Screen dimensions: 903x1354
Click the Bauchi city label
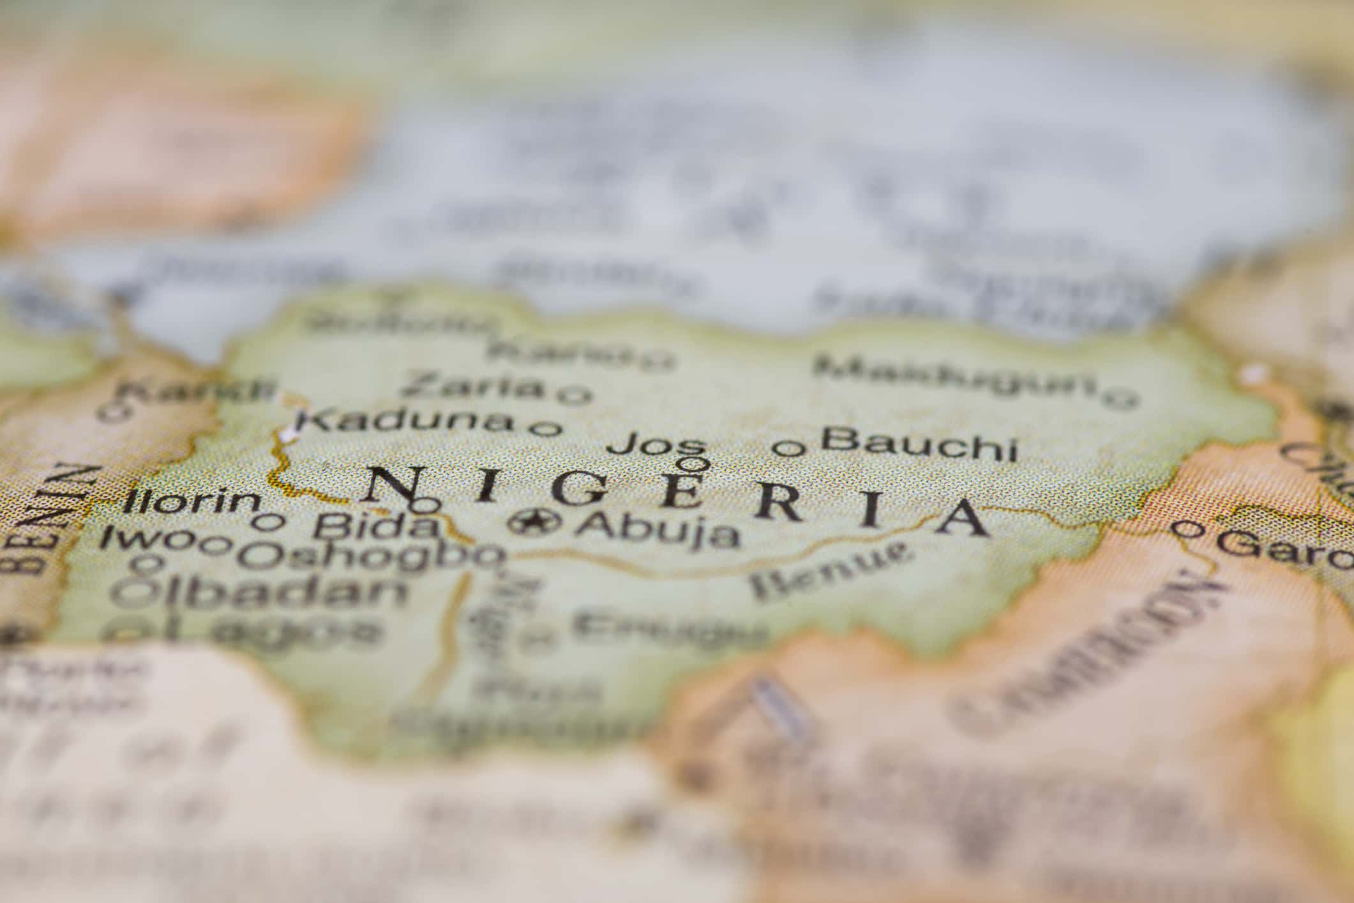[918, 443]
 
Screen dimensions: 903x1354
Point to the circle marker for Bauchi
[789, 448]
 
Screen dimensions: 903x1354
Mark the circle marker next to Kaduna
[546, 428]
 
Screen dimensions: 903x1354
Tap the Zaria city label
[472, 386]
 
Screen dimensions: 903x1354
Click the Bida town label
[376, 526]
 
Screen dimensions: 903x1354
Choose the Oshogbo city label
[370, 557]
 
